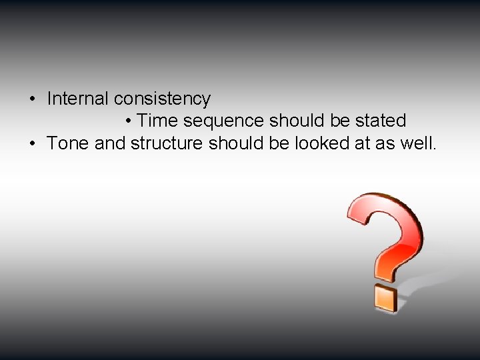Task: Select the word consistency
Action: (x=162, y=99)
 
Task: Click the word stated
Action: (x=382, y=121)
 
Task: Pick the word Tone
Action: (x=69, y=143)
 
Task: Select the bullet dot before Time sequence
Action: (x=128, y=121)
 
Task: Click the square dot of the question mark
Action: (x=386, y=297)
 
